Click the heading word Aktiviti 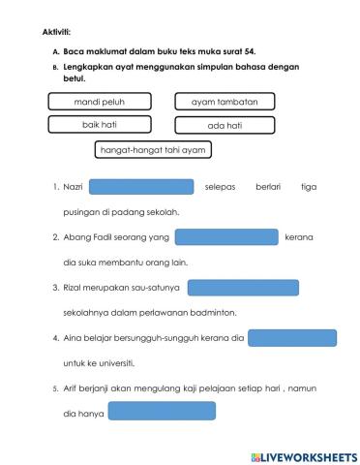pos(44,32)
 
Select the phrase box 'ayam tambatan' pos(225,101)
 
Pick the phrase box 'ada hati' pos(225,125)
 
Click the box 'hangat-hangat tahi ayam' pos(154,150)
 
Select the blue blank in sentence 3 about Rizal pos(242,287)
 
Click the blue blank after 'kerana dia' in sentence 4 pos(292,338)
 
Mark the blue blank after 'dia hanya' pos(162,412)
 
